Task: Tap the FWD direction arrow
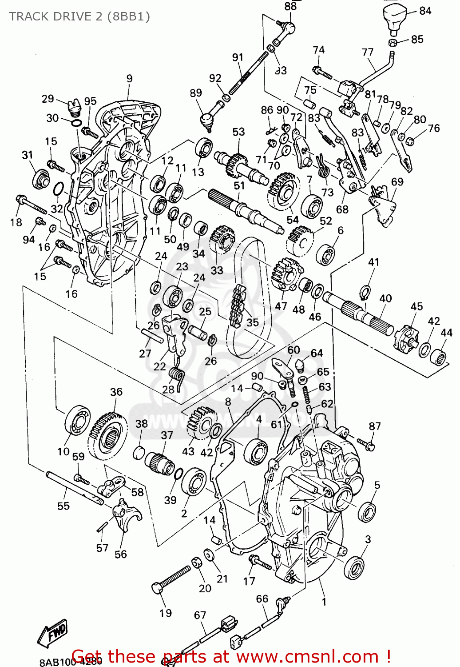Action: coord(52,635)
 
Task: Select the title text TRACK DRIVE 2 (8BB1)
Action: coord(79,16)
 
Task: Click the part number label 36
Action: coord(116,392)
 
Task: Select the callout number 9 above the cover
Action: coord(129,79)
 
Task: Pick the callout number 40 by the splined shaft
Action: coord(385,298)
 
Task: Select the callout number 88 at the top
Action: coord(290,6)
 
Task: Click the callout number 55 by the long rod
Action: coord(63,506)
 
